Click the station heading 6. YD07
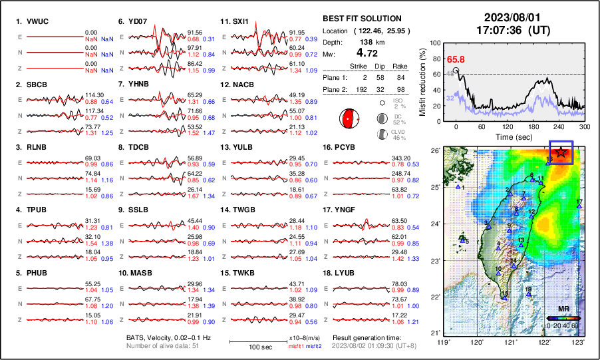tap(134, 21)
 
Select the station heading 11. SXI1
tap(235, 21)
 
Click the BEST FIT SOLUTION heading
tap(361, 19)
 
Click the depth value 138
tap(365, 41)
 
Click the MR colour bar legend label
tap(563, 309)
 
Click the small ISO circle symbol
tap(382, 103)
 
